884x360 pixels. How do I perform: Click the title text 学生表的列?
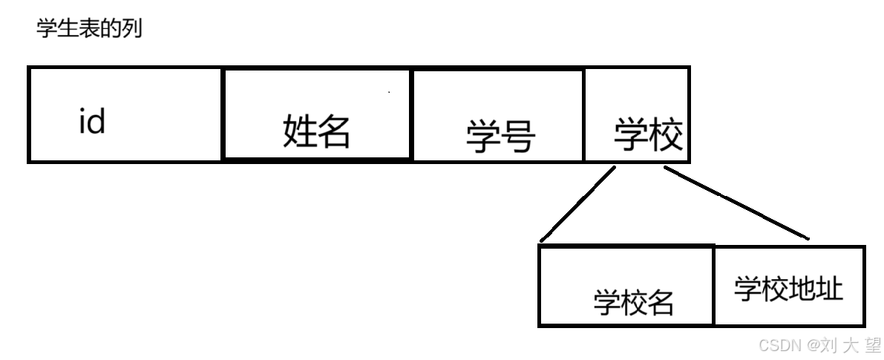point(88,30)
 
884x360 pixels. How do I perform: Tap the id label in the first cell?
point(92,121)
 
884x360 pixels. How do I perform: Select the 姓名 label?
point(315,131)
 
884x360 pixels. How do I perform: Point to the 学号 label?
point(500,136)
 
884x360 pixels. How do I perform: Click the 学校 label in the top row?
point(648,134)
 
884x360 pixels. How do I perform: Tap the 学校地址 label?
point(788,289)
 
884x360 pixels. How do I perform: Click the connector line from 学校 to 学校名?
point(578,204)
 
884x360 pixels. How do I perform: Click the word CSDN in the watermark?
point(779,344)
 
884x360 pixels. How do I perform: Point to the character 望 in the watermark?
point(873,344)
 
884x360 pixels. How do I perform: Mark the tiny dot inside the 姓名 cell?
point(389,92)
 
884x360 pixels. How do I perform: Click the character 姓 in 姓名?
point(298,131)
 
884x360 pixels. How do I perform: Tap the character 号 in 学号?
point(518,136)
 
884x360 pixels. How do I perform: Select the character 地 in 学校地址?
point(802,289)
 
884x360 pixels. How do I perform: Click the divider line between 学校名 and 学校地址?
point(713,286)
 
